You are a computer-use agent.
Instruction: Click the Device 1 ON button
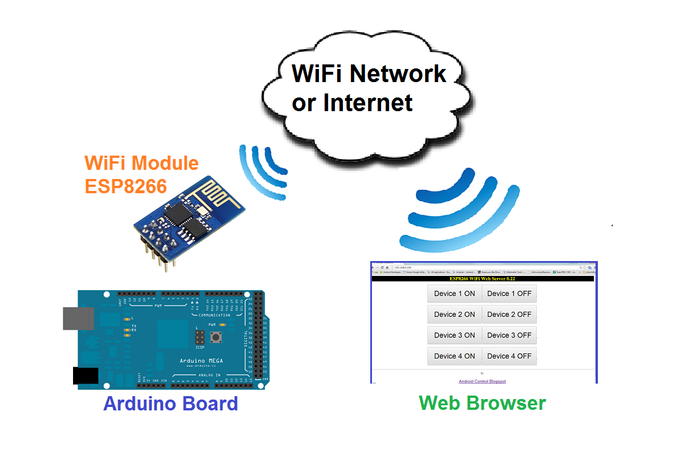click(x=454, y=294)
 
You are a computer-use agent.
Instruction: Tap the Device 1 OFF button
click(x=509, y=294)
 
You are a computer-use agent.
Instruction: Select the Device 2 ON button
click(x=454, y=314)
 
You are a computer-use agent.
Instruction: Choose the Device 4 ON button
click(x=454, y=356)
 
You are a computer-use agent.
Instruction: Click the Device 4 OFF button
click(x=509, y=356)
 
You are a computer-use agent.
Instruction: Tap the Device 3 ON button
click(x=454, y=335)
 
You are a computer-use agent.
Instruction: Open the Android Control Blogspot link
click(x=482, y=381)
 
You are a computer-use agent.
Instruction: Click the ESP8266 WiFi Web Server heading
click(x=482, y=279)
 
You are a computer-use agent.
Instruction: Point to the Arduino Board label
click(x=170, y=404)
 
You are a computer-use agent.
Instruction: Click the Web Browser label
click(x=482, y=403)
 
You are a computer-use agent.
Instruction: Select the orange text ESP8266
click(x=126, y=186)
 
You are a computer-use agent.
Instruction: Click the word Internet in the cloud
click(x=368, y=103)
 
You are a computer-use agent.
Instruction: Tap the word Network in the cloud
click(x=399, y=74)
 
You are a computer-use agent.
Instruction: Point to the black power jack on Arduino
click(x=86, y=376)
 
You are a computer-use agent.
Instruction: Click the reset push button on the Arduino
click(x=217, y=338)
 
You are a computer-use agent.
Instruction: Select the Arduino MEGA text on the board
click(x=201, y=361)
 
